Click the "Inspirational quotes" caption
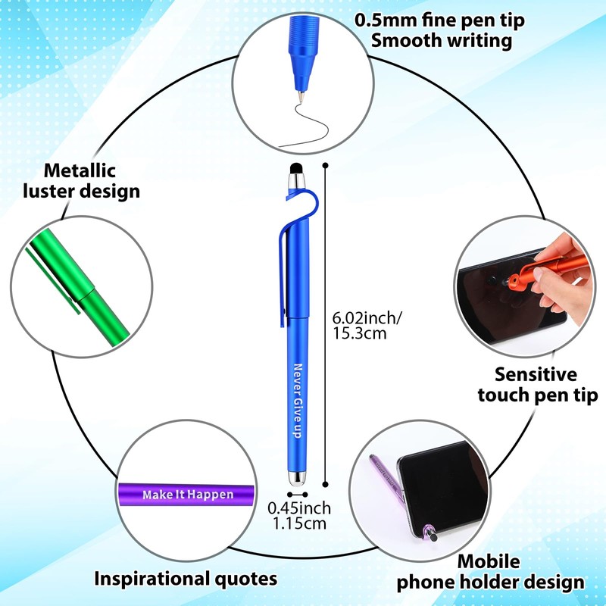point(185,579)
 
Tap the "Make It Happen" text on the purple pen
point(188,495)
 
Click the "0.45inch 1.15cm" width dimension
point(303,515)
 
